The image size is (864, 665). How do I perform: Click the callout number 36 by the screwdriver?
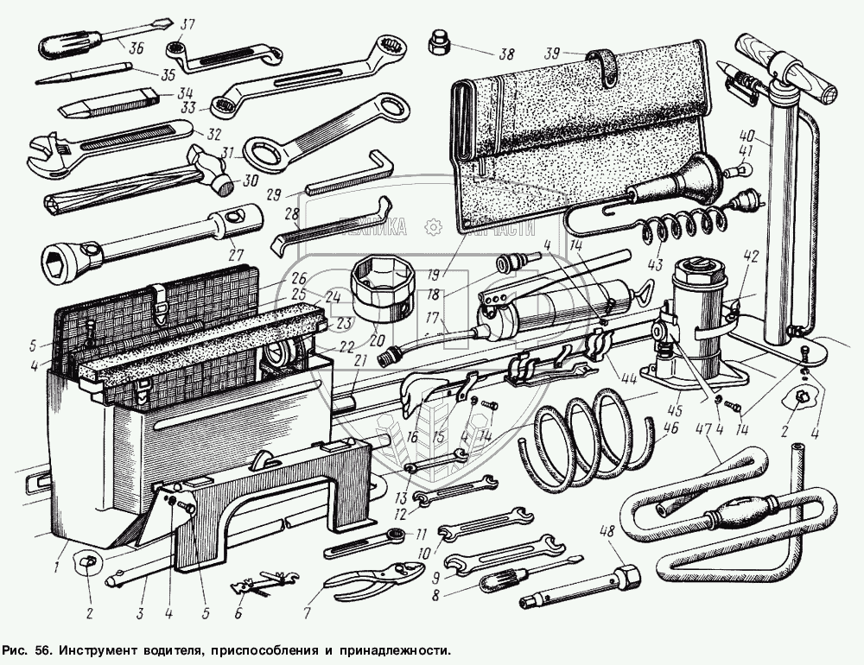pyautogui.click(x=137, y=48)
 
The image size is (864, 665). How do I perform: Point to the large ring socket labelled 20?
pyautogui.click(x=382, y=285)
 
